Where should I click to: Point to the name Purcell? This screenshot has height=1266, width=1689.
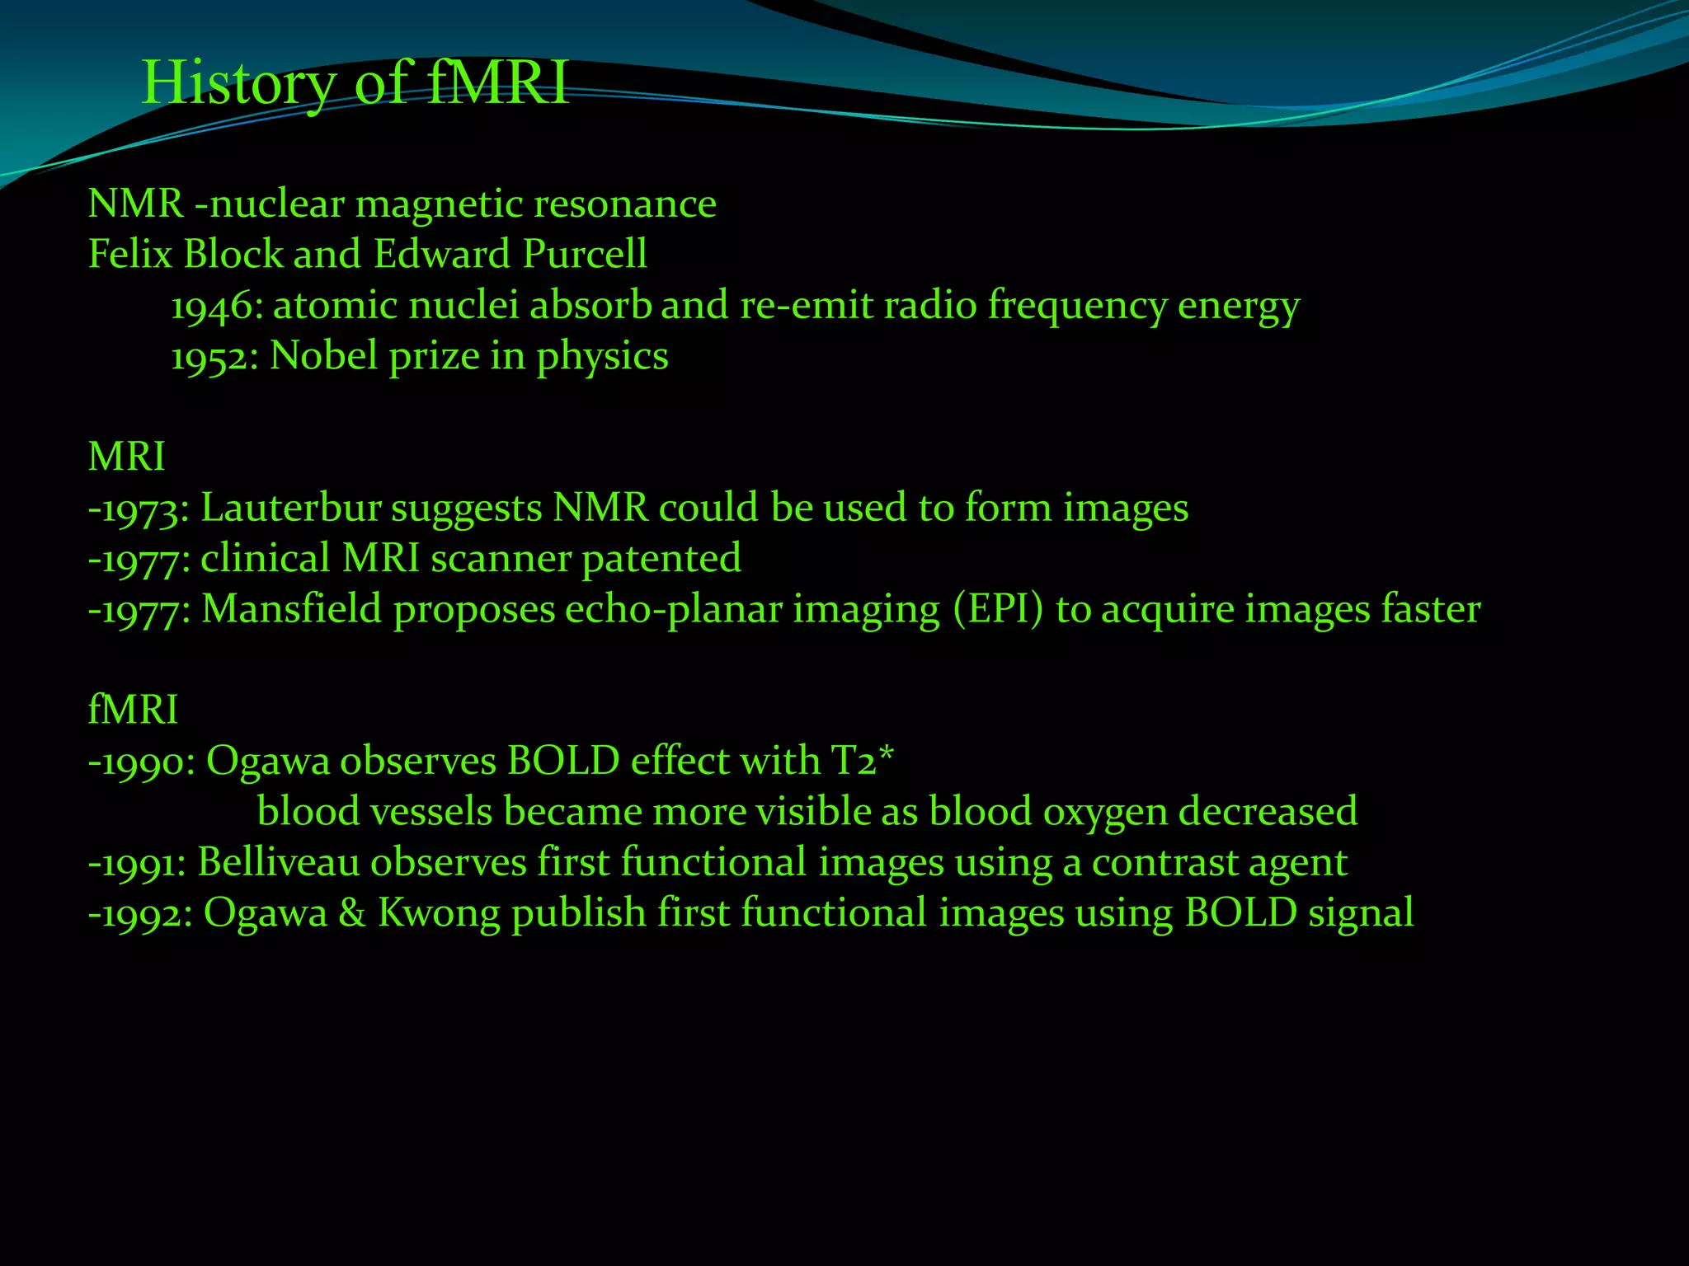585,255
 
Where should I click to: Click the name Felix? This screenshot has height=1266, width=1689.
130,255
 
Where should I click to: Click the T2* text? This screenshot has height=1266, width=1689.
863,761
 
